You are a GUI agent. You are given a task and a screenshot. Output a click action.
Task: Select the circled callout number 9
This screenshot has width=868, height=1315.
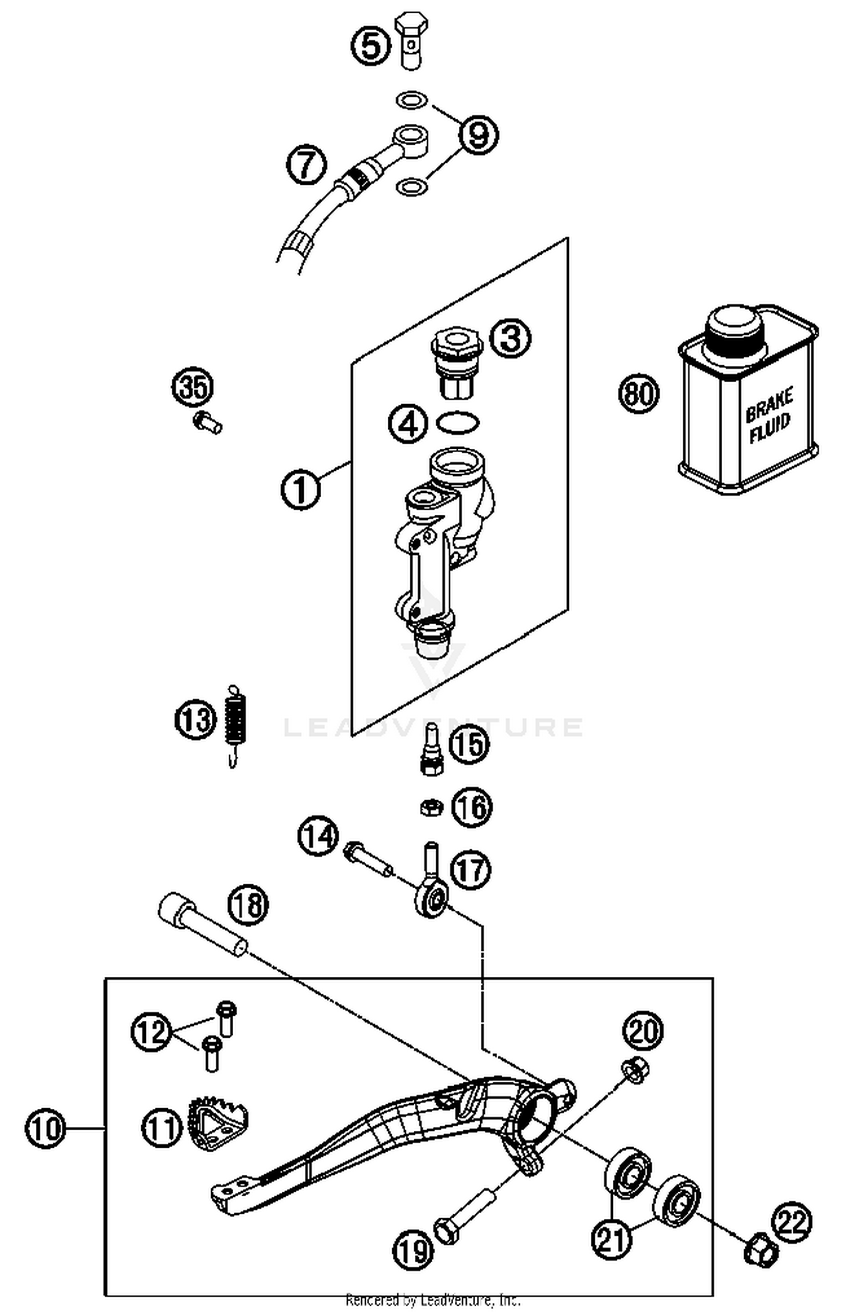tap(478, 135)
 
